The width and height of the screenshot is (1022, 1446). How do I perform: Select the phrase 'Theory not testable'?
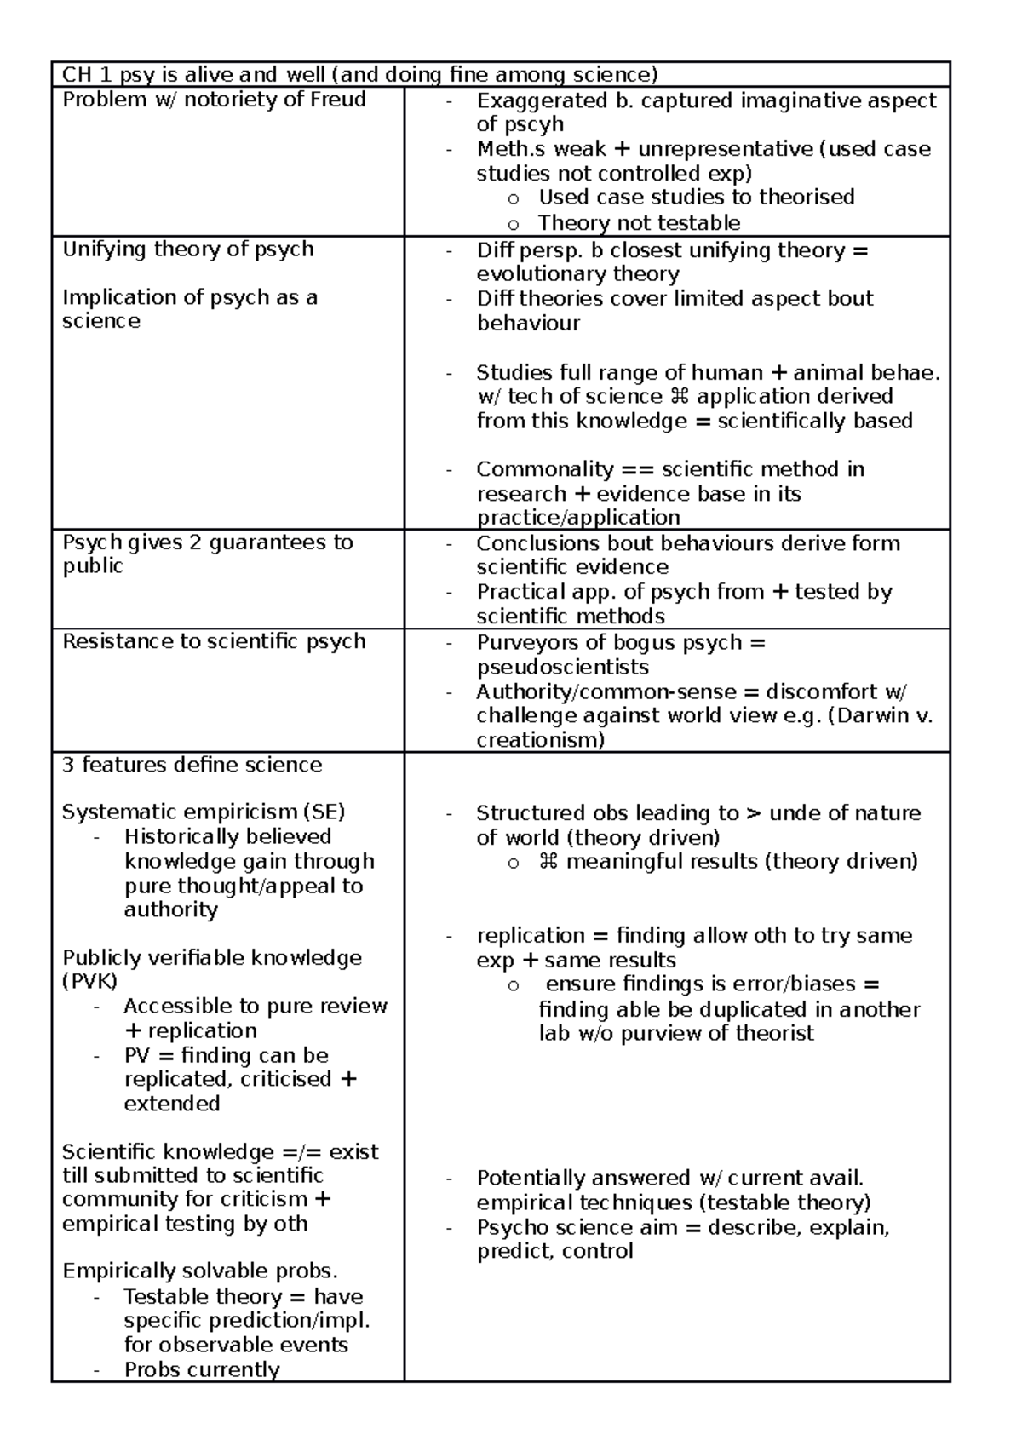click(639, 223)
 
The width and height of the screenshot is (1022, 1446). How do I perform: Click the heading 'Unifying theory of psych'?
click(188, 250)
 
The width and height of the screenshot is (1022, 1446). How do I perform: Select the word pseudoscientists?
click(563, 667)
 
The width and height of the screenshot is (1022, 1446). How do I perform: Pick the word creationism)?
click(540, 740)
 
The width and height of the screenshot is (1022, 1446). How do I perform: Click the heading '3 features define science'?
click(192, 765)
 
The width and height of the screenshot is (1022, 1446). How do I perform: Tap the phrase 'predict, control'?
click(554, 1251)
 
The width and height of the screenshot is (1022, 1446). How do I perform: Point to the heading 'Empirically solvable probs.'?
click(200, 1271)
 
